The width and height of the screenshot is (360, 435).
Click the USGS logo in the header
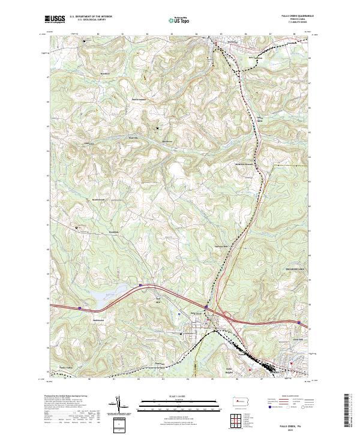click(55, 20)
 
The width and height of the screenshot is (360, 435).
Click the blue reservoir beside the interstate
click(120, 293)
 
